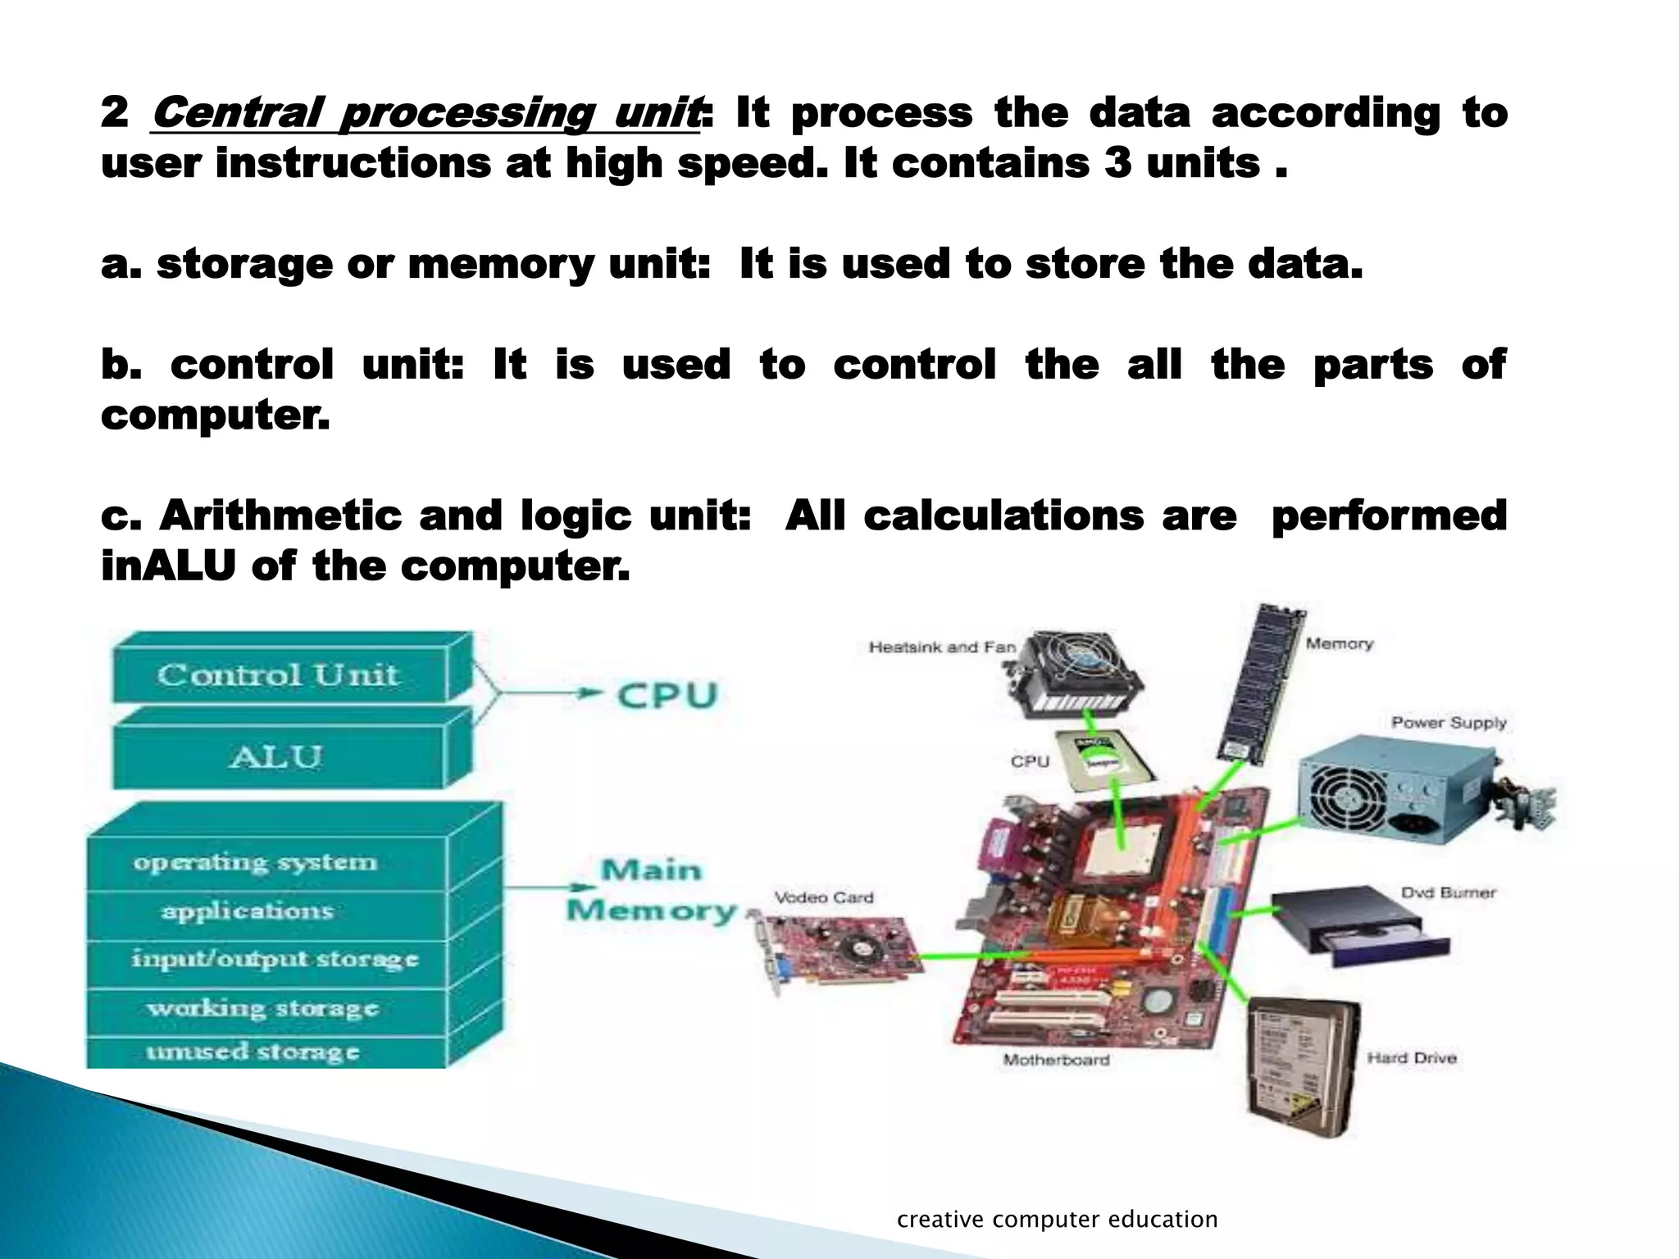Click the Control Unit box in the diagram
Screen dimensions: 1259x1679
[x=279, y=675]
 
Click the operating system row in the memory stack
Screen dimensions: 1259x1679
[x=255, y=862]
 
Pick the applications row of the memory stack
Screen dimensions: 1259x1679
[x=248, y=911]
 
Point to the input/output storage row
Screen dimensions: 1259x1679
[x=275, y=959]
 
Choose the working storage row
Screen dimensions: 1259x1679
[x=263, y=1007]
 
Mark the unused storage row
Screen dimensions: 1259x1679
[x=253, y=1051]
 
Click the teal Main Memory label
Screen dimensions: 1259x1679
[x=652, y=890]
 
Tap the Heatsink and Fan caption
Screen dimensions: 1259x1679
[x=942, y=648]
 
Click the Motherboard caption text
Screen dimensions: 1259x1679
[x=1056, y=1060]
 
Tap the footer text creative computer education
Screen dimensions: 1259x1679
[x=1057, y=1219]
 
